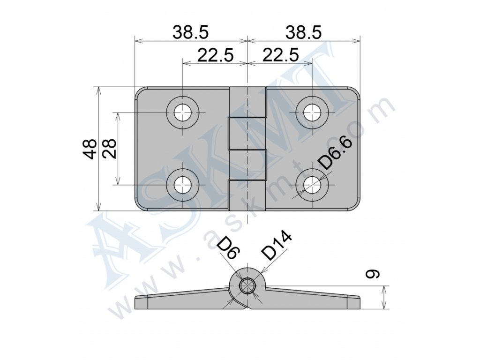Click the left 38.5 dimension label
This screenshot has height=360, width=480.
190,32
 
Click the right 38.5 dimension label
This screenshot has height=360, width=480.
304,32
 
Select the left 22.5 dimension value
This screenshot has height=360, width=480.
216,55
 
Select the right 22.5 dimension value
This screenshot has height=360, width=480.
281,55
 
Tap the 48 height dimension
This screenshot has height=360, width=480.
90,149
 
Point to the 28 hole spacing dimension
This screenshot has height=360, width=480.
109,149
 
